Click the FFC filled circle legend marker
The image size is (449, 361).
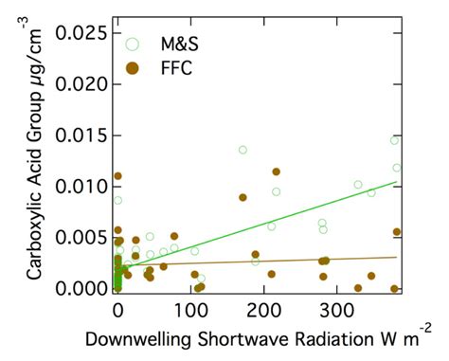click(x=133, y=66)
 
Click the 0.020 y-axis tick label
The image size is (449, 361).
click(x=81, y=84)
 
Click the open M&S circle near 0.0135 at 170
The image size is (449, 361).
click(x=242, y=150)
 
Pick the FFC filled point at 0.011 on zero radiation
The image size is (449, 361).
click(x=117, y=176)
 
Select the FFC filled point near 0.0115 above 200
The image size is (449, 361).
click(x=276, y=171)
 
